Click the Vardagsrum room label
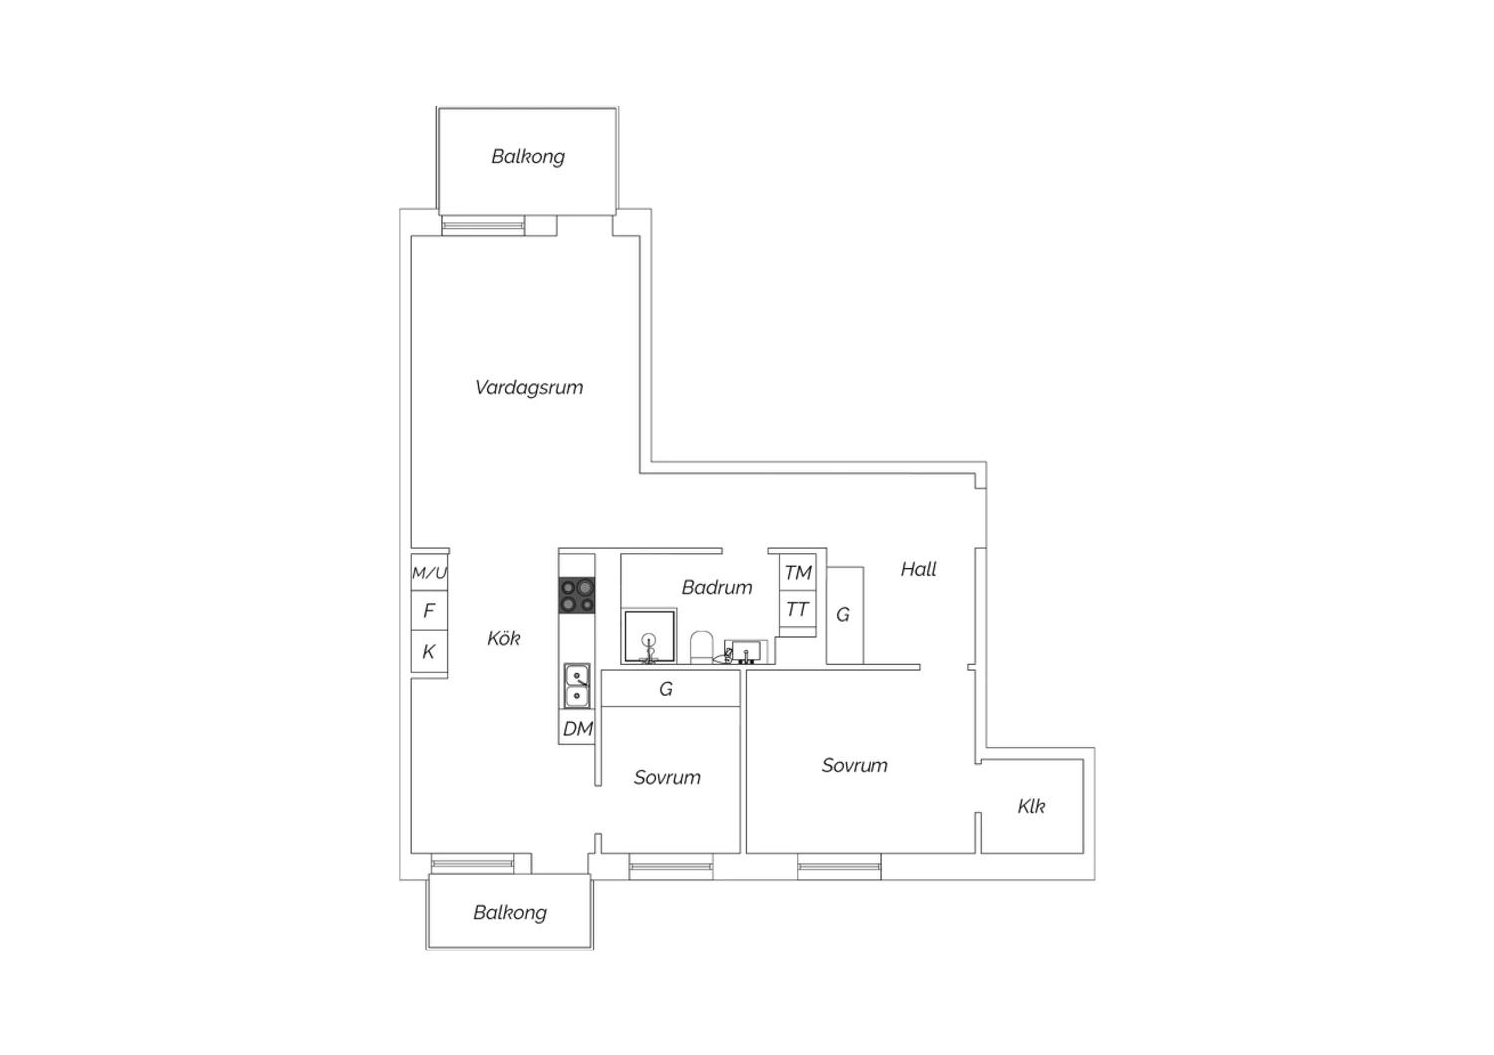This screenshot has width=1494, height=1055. click(x=529, y=387)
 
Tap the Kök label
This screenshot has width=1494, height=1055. click(x=504, y=638)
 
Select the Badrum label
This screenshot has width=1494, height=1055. click(x=717, y=587)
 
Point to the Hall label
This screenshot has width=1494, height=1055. click(x=919, y=569)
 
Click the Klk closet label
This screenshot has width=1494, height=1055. click(x=1031, y=806)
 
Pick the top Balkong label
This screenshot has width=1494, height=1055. click(x=528, y=156)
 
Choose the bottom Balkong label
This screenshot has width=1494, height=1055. click(x=510, y=912)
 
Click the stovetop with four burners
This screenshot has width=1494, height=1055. click(x=577, y=595)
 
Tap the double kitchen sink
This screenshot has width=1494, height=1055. click(x=577, y=685)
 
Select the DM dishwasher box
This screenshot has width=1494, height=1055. click(x=577, y=728)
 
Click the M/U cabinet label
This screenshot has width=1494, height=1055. click(x=429, y=573)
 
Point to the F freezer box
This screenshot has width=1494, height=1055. click(x=429, y=610)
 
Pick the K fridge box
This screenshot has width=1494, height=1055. click(x=429, y=651)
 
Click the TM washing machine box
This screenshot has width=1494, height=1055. click(x=798, y=572)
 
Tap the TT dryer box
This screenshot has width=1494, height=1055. click(x=798, y=609)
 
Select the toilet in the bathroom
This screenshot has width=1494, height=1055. click(x=701, y=647)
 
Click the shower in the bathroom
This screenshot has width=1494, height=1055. click(x=649, y=636)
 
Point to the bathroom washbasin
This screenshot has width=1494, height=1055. click(x=746, y=651)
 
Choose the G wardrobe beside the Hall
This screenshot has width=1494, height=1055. click(x=845, y=615)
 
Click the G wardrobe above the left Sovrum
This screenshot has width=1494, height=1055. click(x=670, y=688)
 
